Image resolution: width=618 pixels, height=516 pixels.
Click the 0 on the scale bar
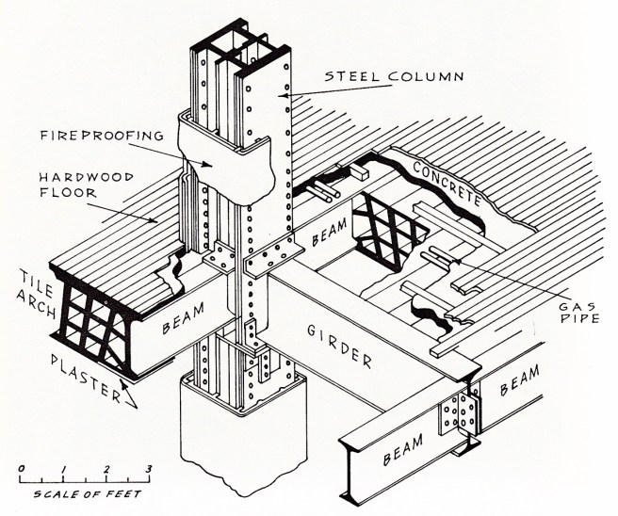pos(22,468)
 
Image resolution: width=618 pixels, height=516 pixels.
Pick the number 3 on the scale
pos(148,468)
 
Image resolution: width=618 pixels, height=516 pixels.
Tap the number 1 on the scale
pos(63,468)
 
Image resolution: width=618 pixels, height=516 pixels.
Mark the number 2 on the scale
pos(106,468)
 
